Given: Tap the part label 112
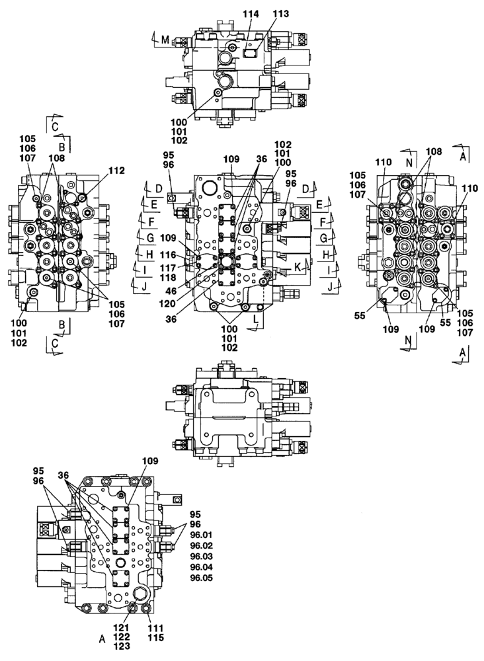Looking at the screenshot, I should (x=116, y=170).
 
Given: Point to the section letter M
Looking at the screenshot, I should (x=165, y=41).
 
